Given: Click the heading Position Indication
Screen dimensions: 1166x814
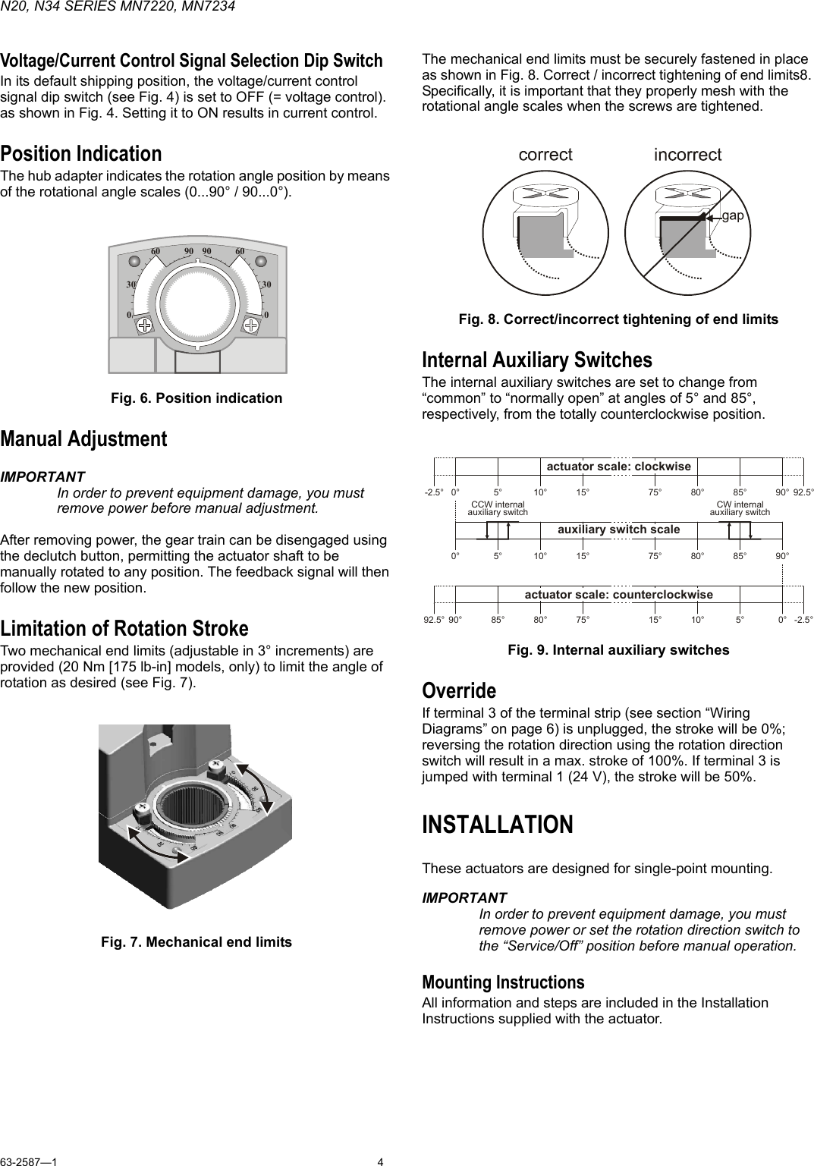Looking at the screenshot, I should (x=80, y=154).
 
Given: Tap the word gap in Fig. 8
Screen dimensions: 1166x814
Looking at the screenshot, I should (x=732, y=216).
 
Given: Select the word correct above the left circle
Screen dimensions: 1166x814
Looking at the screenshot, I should (x=545, y=155).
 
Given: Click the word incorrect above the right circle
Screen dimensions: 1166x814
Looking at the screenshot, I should (x=687, y=155).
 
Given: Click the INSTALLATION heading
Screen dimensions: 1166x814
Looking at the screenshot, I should (x=498, y=825).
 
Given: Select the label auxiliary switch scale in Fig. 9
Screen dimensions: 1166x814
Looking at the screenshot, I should (x=618, y=529).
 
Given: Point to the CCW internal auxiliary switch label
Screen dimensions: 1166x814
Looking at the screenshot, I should (x=498, y=508).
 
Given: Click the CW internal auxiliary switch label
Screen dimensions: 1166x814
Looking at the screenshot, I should (x=740, y=508).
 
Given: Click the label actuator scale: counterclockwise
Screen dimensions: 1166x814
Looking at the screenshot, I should (x=618, y=594).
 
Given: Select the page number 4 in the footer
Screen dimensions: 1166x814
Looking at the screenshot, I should (x=381, y=1161).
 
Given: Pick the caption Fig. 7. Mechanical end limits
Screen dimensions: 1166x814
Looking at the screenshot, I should (x=196, y=942).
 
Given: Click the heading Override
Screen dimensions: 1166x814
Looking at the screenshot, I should (x=459, y=691).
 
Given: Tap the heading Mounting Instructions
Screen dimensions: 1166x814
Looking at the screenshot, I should (x=503, y=982).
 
